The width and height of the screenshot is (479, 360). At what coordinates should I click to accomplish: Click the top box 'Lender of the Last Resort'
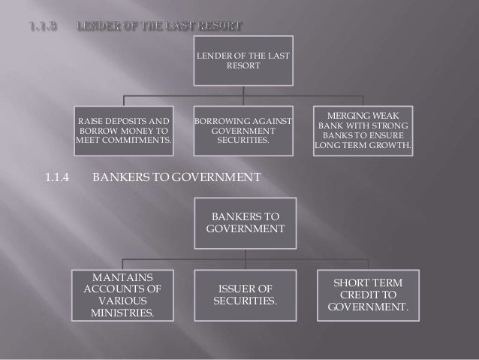[244, 61]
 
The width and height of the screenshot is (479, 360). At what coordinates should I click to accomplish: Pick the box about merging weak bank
[363, 129]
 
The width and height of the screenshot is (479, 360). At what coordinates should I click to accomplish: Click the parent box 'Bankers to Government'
[244, 223]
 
